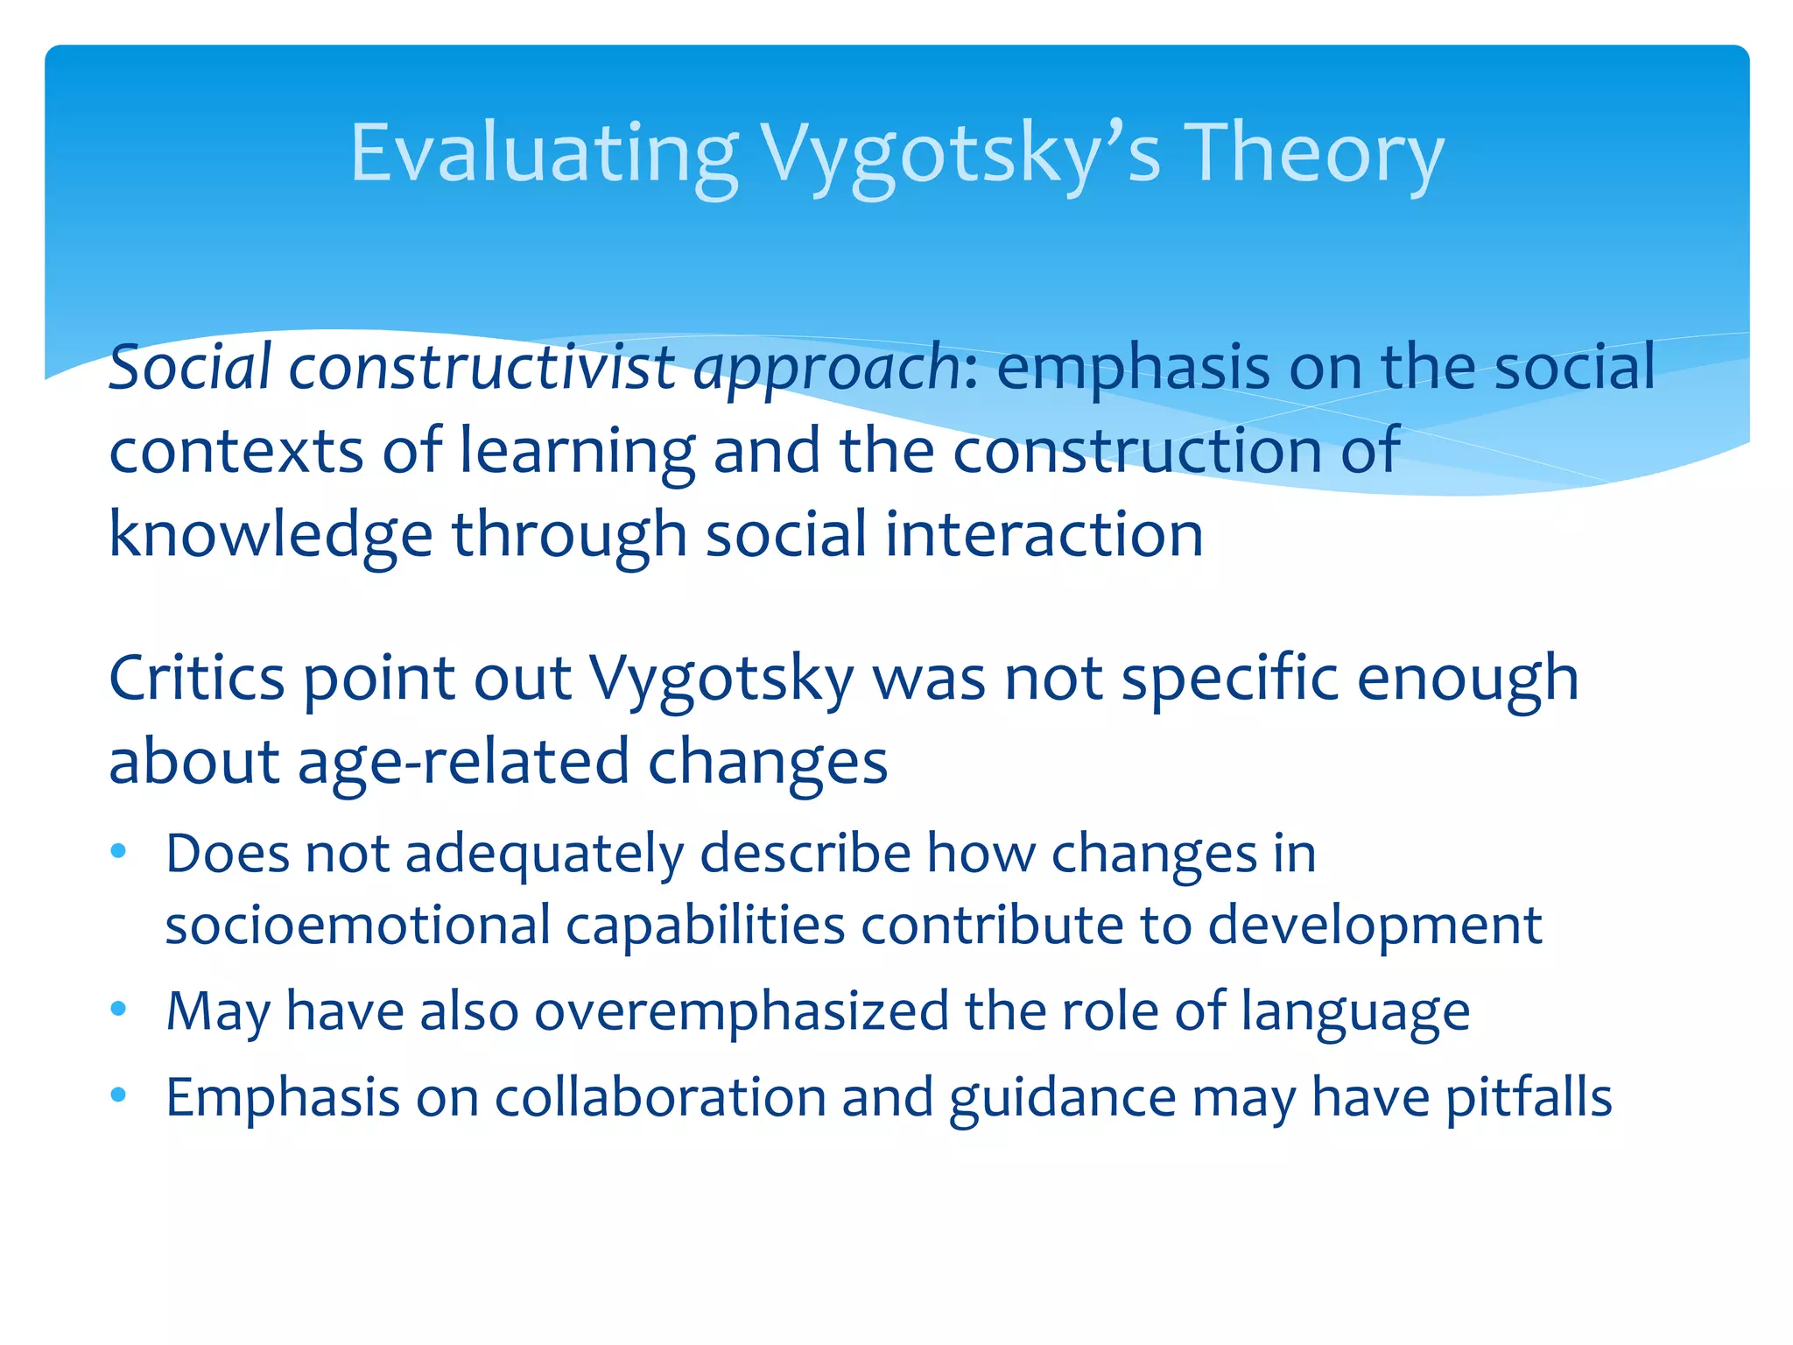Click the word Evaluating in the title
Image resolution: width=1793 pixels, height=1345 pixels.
coord(544,154)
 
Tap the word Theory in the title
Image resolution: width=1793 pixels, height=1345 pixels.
coord(1313,154)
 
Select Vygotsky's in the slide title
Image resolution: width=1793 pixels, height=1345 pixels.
coord(960,154)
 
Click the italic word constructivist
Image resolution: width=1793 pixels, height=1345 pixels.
coord(482,367)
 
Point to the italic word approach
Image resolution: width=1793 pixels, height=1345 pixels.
coord(827,367)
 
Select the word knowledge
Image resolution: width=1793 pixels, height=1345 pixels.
coord(271,535)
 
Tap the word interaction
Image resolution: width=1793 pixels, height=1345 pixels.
coord(1044,535)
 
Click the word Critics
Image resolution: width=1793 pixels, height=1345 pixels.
coord(197,678)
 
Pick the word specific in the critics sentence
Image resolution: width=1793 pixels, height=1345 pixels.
coord(1229,678)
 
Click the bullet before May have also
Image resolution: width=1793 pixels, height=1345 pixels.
coord(119,1010)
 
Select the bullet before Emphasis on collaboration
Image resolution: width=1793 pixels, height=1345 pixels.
coord(119,1095)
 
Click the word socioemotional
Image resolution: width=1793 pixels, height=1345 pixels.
coord(357,925)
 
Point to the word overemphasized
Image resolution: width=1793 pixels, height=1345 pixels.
coord(742,1011)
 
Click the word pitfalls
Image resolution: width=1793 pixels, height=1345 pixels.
coord(1528,1096)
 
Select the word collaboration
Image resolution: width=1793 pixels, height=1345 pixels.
coord(660,1096)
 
